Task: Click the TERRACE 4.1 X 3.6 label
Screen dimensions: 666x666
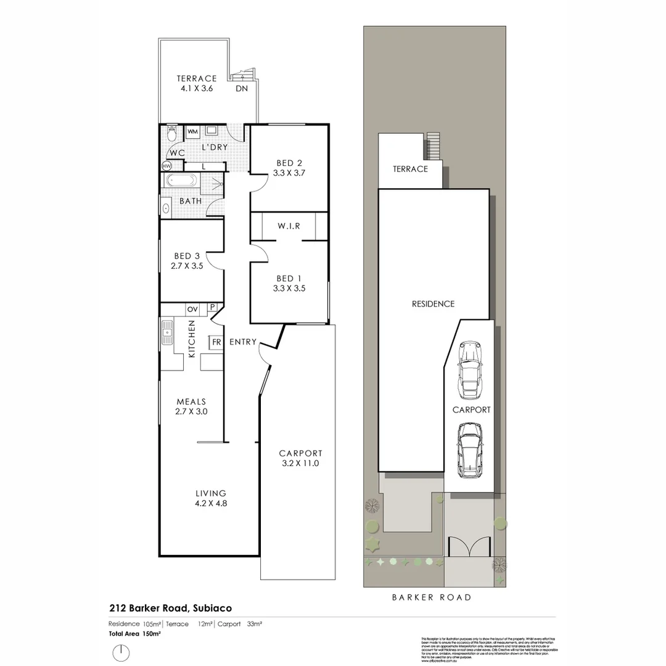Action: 197,83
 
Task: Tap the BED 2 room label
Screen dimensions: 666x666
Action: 289,168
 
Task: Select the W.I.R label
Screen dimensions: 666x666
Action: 289,226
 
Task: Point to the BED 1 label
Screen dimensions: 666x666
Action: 289,283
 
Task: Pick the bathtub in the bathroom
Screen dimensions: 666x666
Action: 181,181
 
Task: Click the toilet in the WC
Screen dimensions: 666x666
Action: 172,134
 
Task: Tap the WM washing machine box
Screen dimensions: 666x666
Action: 192,131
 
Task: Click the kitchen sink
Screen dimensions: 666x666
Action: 167,333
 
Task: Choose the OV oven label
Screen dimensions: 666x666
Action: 192,308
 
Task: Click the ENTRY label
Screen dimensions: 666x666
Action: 242,342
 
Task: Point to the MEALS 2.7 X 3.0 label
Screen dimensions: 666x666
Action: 191,406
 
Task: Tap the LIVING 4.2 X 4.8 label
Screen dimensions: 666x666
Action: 211,498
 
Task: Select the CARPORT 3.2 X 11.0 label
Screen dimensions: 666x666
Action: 300,458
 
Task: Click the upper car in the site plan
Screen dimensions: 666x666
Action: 470,369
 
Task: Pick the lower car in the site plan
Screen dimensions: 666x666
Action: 470,450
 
